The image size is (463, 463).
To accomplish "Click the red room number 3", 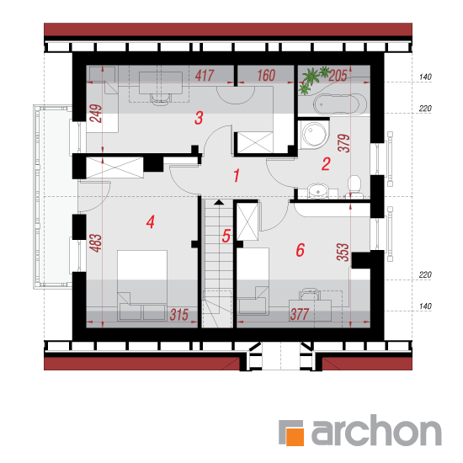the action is (x=199, y=118).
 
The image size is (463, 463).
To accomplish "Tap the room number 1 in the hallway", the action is (x=237, y=176).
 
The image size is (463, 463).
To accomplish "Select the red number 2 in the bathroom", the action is (x=326, y=164).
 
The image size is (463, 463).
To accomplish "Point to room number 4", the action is (x=151, y=221).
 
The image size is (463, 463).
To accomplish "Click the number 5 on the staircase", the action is (x=226, y=236).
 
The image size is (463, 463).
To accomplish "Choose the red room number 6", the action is (x=300, y=250).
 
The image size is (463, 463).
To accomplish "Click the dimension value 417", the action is (x=205, y=76).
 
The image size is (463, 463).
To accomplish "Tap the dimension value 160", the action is (x=266, y=76).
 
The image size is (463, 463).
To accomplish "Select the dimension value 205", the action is (x=338, y=76).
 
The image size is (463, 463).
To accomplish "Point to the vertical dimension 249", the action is (x=96, y=114).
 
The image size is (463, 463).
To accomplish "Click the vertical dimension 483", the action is (x=96, y=243).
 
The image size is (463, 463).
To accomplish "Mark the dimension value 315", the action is (x=179, y=315).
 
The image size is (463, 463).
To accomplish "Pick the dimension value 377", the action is (x=300, y=315).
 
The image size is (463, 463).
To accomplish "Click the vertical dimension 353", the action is (x=343, y=253).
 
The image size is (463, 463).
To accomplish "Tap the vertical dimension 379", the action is (x=343, y=143).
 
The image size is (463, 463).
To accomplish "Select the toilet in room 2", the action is (x=354, y=187).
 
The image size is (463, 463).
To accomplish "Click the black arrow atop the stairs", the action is (x=219, y=202).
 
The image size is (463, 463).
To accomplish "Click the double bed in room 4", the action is (x=142, y=285).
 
